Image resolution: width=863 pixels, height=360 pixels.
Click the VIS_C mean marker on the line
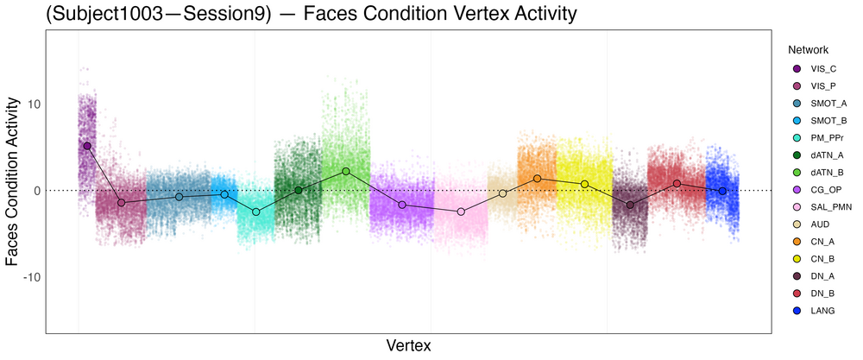coord(87,146)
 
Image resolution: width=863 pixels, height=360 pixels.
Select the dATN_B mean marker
coord(346,171)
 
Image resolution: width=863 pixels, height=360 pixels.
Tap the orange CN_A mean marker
coord(537,179)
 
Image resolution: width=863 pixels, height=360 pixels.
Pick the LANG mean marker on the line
coord(722,191)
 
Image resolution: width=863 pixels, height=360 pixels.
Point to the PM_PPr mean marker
coord(255,212)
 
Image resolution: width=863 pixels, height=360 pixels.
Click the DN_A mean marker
coord(630,205)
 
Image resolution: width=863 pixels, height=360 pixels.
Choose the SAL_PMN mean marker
coord(461,212)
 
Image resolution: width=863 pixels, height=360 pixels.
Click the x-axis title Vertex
coord(408,345)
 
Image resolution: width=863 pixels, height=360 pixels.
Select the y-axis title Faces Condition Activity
coord(14,182)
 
